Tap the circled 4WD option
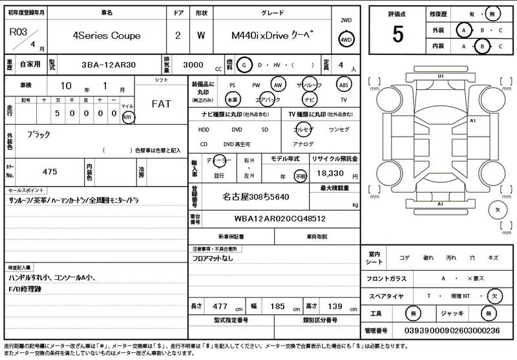[x=346, y=41]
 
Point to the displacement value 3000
[x=194, y=65]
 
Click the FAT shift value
[x=161, y=103]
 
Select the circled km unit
[x=128, y=117]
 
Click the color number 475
[x=49, y=171]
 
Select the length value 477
[x=220, y=306]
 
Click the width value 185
[x=277, y=306]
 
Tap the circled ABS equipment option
[x=344, y=84]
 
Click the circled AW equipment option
[x=277, y=84]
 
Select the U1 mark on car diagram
[x=441, y=76]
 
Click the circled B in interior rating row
[x=481, y=47]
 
